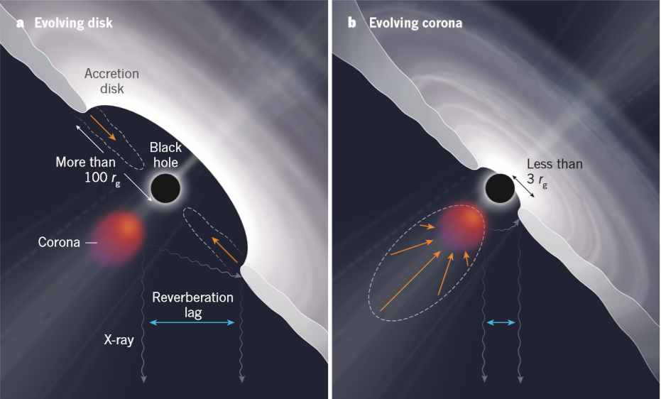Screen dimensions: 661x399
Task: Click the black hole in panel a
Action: (x=165, y=188)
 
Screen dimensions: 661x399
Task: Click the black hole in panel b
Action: (x=500, y=188)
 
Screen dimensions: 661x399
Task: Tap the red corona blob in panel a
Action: (x=117, y=238)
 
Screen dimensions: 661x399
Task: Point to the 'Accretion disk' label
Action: (x=111, y=81)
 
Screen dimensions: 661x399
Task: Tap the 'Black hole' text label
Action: (x=165, y=155)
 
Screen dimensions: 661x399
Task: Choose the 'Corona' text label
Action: (x=59, y=242)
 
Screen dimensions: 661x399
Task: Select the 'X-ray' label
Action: (x=119, y=339)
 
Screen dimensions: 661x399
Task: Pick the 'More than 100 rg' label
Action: (x=88, y=170)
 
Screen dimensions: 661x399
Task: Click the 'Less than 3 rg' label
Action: (x=555, y=172)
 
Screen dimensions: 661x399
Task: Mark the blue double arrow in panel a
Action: (x=192, y=323)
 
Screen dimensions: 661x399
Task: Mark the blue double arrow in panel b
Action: (x=501, y=323)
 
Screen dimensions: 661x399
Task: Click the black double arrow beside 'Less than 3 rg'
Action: (x=523, y=186)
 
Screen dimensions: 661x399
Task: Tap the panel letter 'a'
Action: (x=20, y=23)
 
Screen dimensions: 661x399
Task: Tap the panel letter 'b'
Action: (x=351, y=22)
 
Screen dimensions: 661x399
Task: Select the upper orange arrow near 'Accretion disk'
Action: (x=103, y=127)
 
